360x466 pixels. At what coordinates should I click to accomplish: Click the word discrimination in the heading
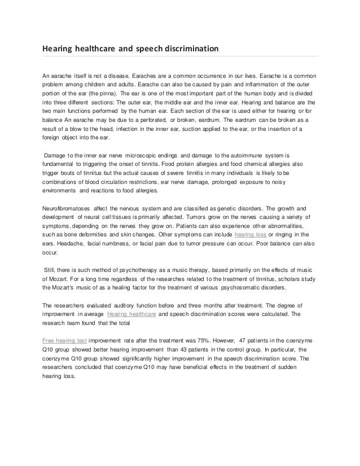coord(190,49)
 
